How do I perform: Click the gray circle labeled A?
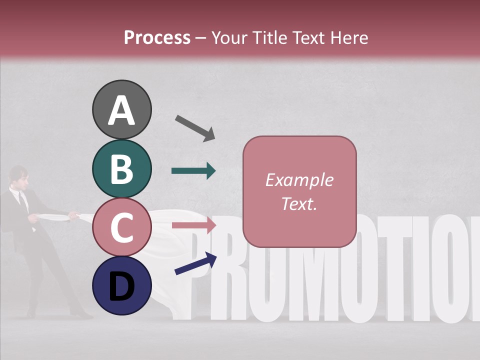(121, 110)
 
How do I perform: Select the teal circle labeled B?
(121, 169)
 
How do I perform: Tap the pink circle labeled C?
(121, 227)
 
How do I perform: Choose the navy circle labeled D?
(121, 285)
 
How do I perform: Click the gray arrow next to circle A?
(195, 127)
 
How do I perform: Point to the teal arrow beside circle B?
(193, 171)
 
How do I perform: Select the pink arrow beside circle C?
(193, 225)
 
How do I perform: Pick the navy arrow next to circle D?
(195, 263)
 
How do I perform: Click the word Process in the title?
(157, 37)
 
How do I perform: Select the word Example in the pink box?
(299, 180)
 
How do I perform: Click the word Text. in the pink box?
(299, 203)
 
